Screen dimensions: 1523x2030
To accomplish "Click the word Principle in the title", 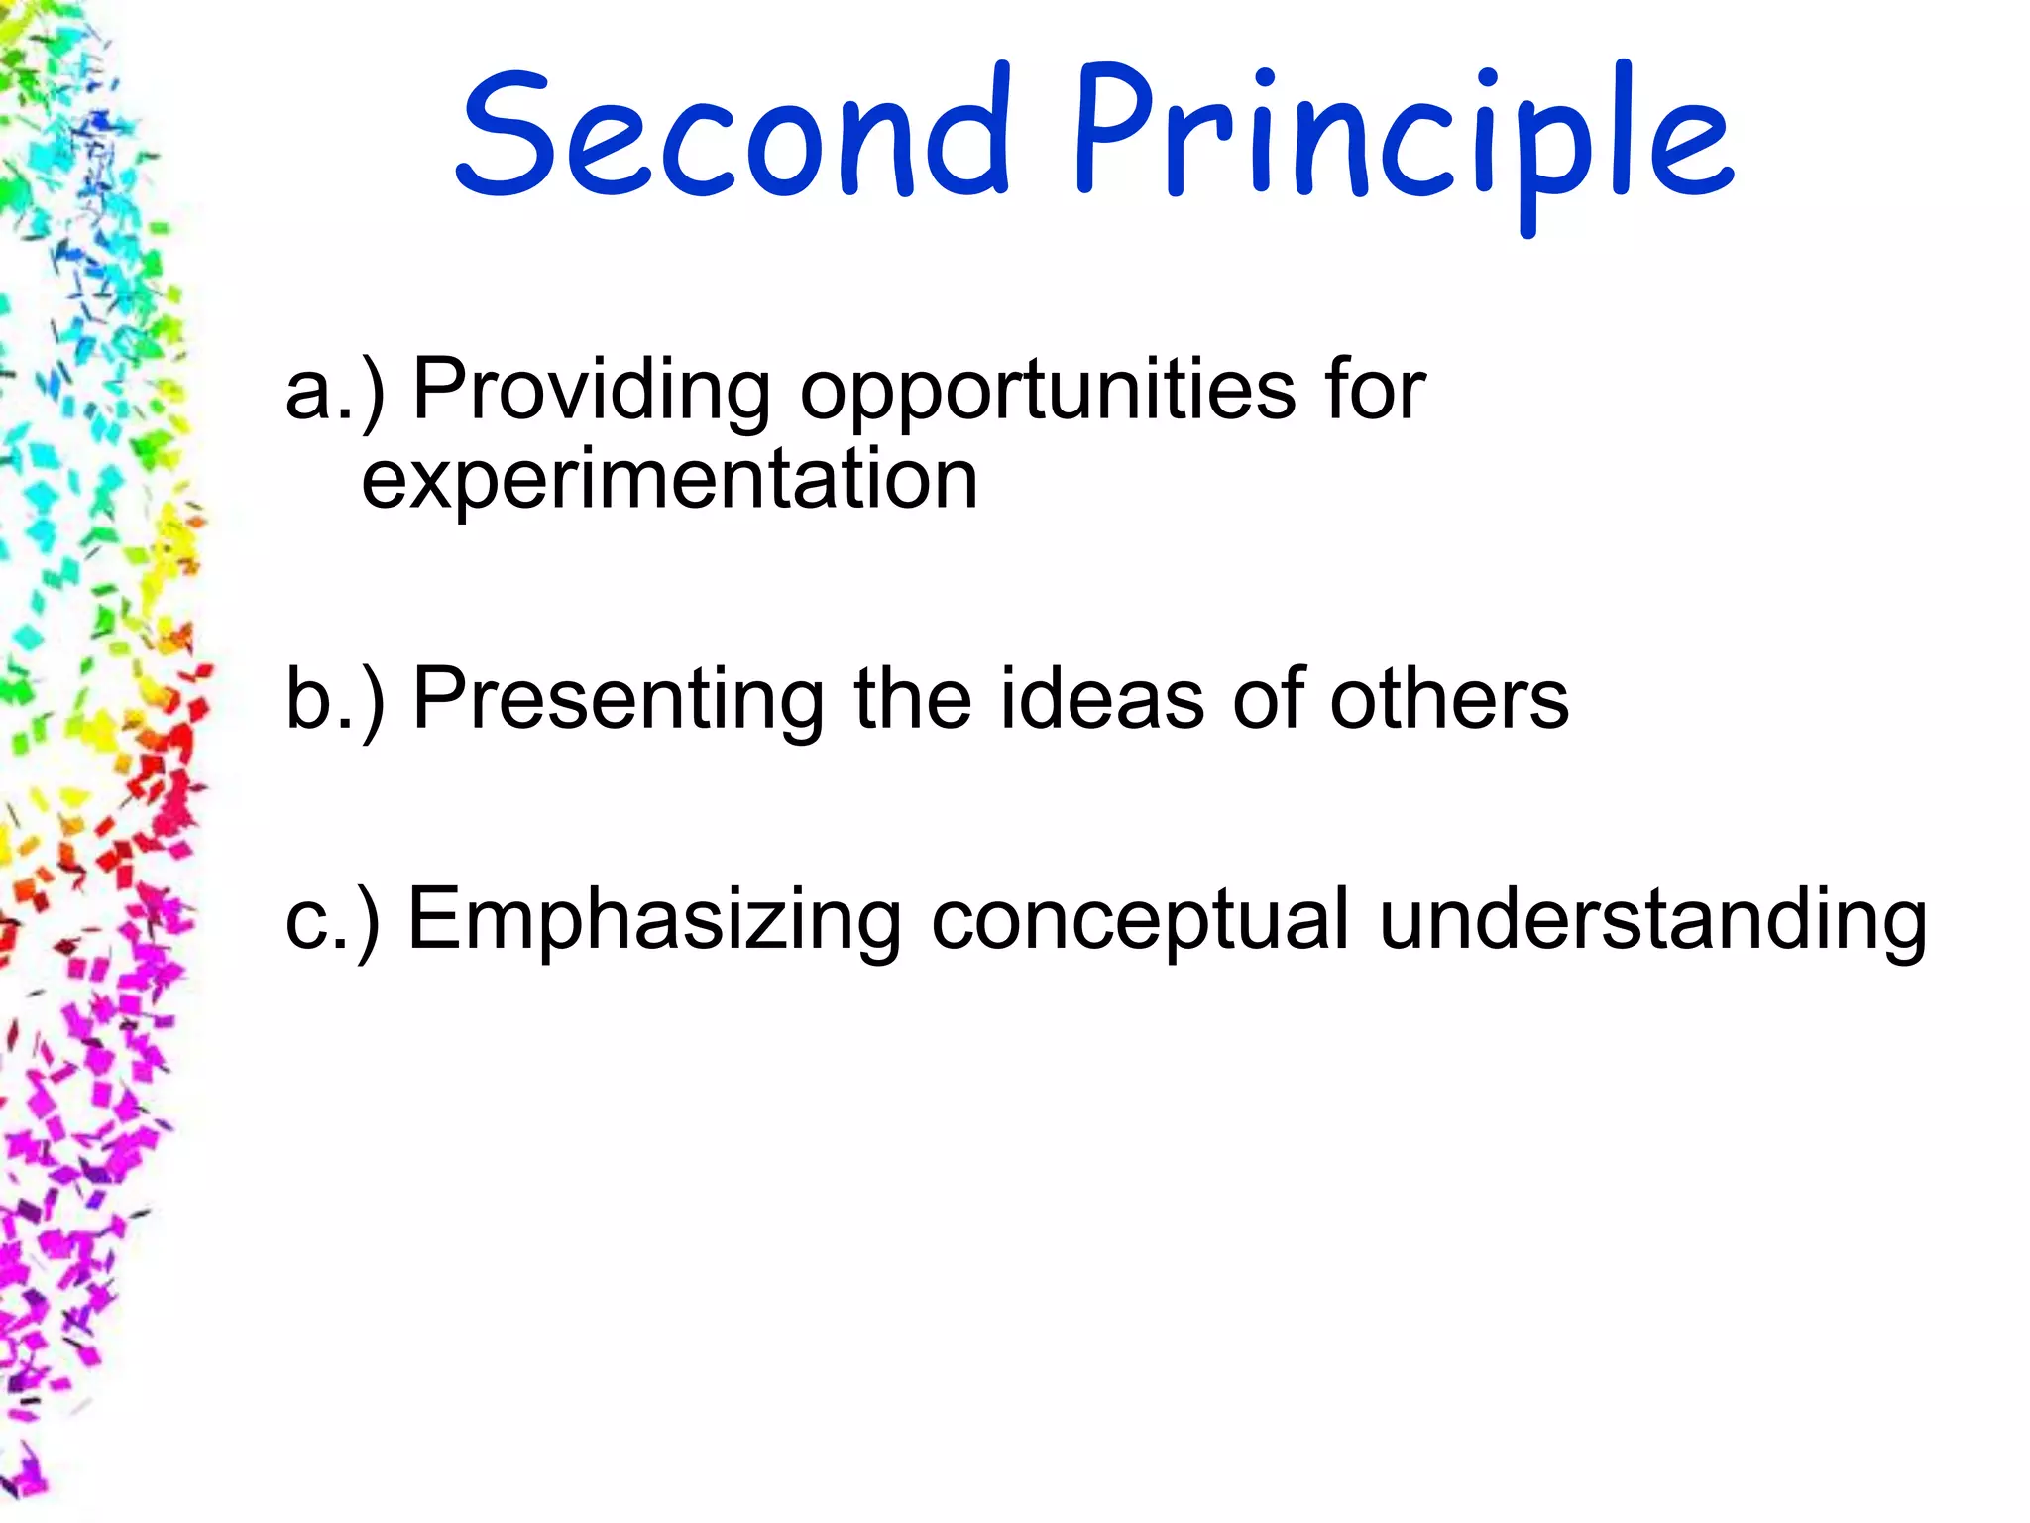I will [x=1403, y=139].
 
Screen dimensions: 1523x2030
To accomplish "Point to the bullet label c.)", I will [x=332, y=920].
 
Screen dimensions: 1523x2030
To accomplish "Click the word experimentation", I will [x=670, y=481].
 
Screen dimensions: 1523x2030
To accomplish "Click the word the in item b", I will [x=913, y=698].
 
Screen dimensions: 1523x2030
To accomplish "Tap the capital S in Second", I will [x=504, y=134].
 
